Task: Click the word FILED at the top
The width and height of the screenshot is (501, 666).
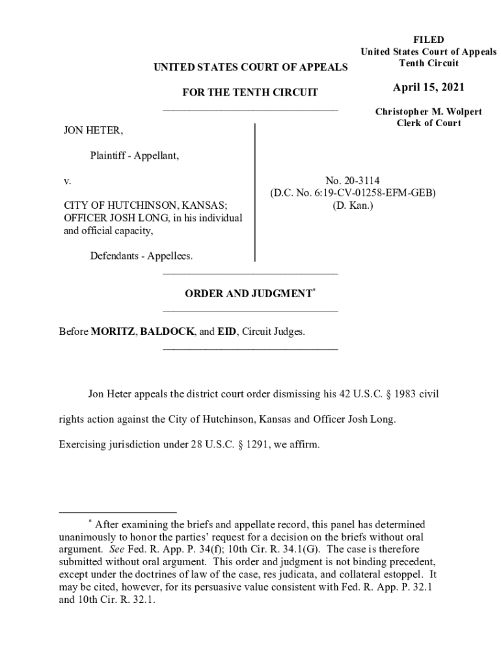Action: coord(428,40)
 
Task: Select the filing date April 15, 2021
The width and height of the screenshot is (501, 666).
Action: coord(428,88)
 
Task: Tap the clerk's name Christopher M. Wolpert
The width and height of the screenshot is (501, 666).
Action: coord(428,112)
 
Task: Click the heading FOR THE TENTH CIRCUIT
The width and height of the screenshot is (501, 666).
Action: coord(250,92)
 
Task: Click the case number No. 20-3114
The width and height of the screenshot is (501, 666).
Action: coord(353,180)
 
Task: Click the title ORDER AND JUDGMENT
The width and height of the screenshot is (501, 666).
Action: coord(248,294)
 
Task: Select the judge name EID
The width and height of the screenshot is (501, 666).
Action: coord(226,332)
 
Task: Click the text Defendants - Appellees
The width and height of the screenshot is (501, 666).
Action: coord(141,256)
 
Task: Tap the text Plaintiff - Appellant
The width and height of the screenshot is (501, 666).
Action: coord(135,155)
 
